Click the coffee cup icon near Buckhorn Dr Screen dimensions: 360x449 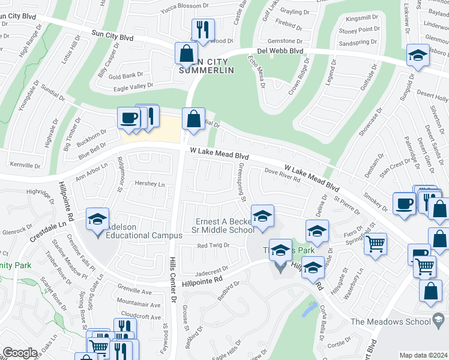pyautogui.click(x=128, y=118)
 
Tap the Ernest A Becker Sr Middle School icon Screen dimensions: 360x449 pyautogui.click(x=262, y=217)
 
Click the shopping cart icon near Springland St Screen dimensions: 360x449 pyautogui.click(x=375, y=244)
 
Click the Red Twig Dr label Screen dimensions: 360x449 pyautogui.click(x=214, y=246)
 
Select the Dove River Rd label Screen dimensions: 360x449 pyautogui.click(x=282, y=178)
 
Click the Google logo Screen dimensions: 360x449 pyautogui.click(x=20, y=353)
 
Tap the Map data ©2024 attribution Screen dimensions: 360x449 pyautogui.click(x=423, y=355)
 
